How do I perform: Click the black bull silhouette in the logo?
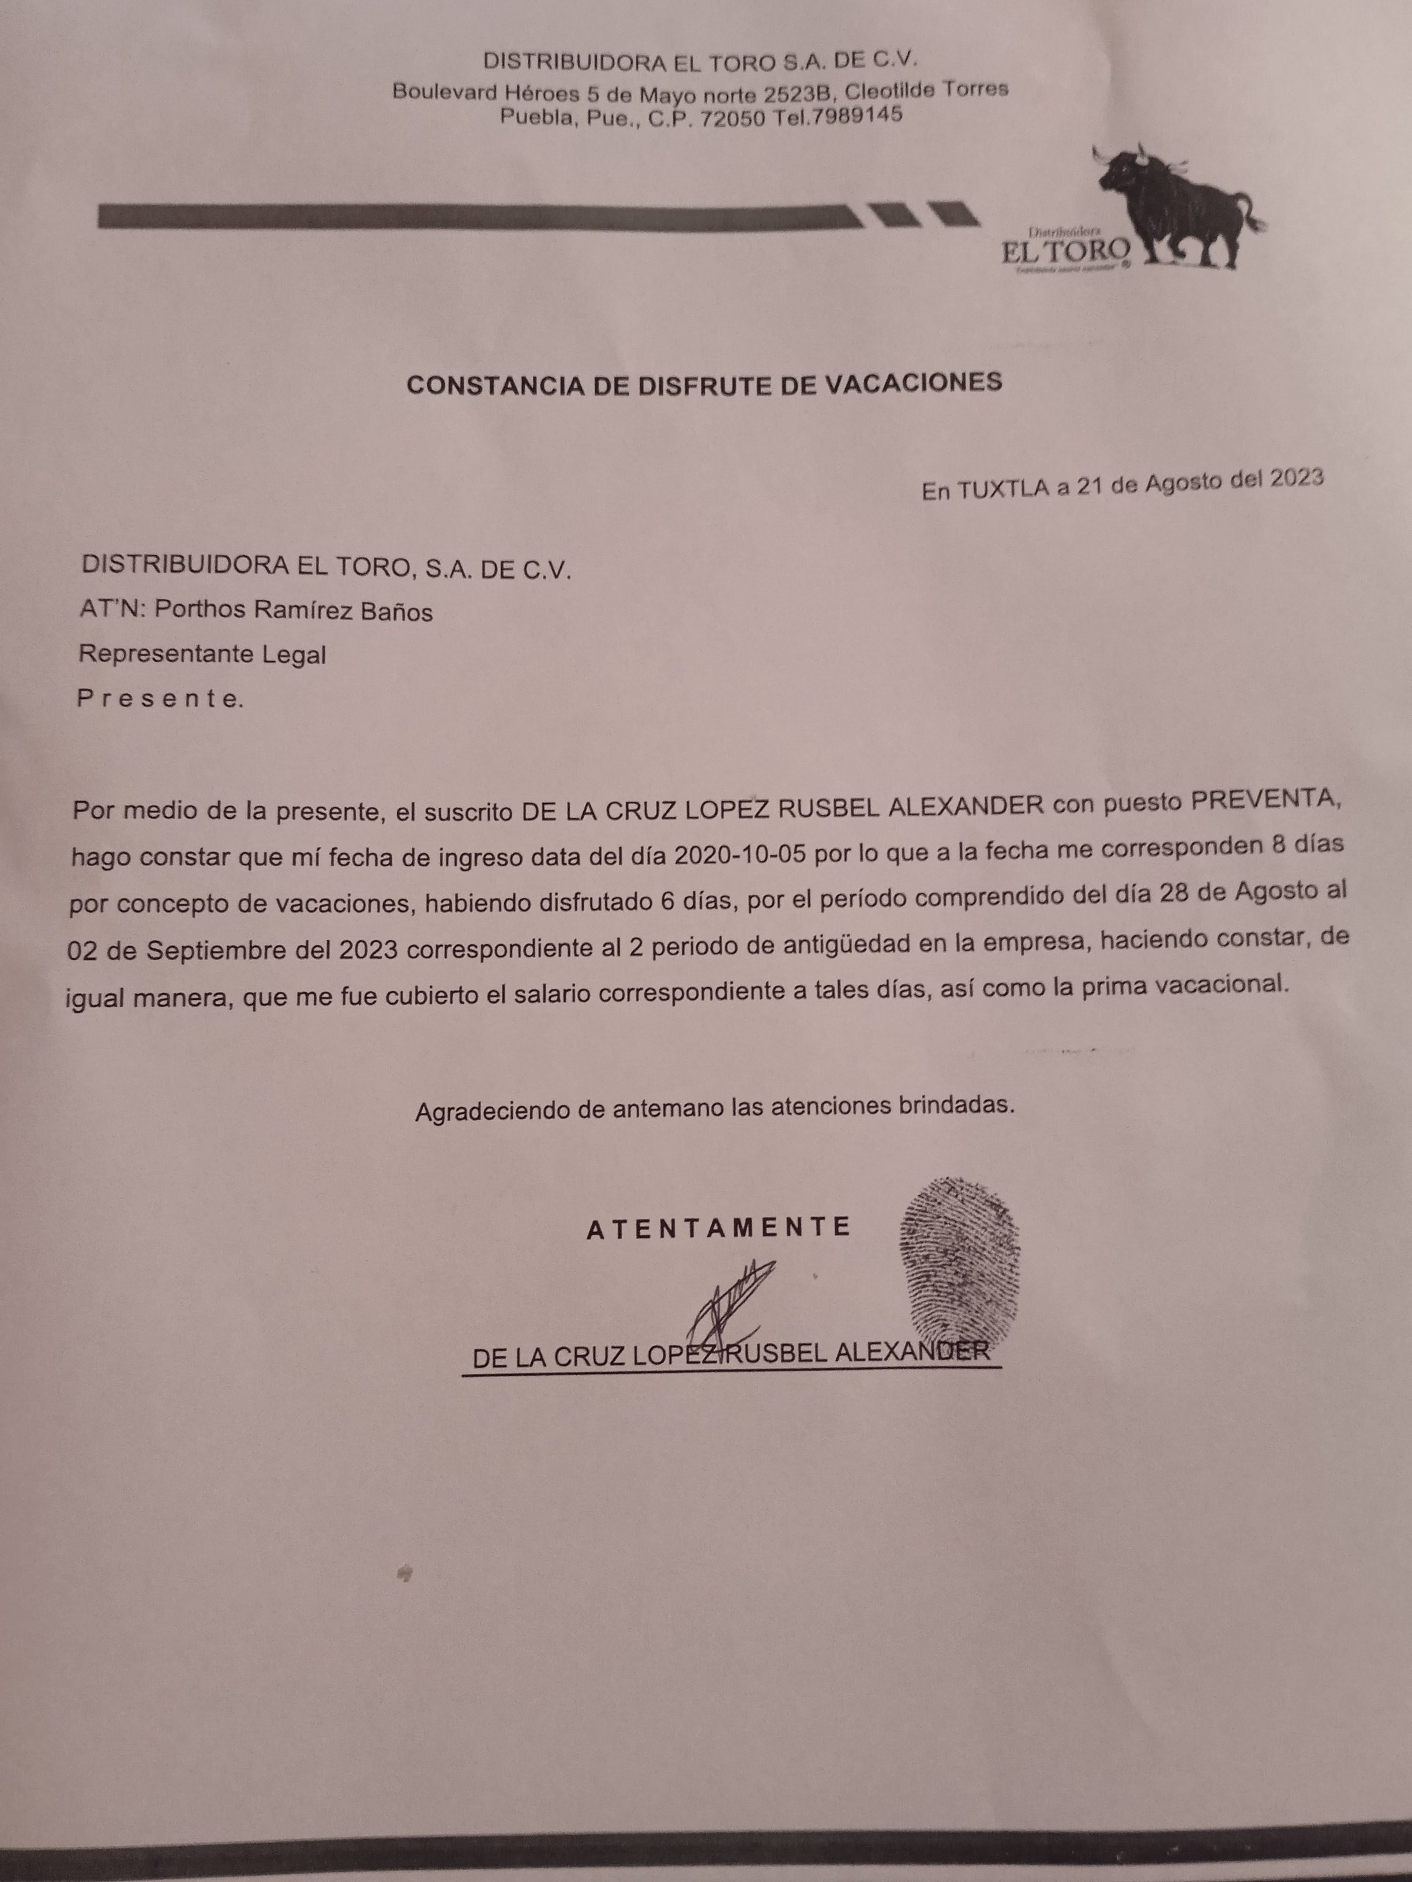point(1183,204)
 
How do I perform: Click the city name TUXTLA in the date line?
point(1002,489)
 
